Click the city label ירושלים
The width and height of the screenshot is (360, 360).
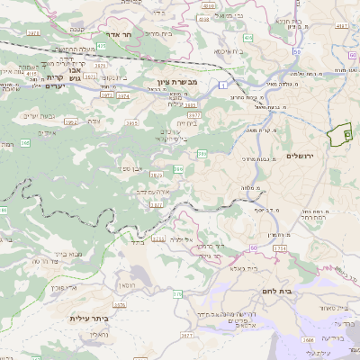[x=303, y=155]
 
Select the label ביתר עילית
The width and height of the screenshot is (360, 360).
[x=88, y=318]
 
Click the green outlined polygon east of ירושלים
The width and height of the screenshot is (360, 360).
[x=339, y=135]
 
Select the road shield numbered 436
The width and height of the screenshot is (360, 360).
[x=247, y=39]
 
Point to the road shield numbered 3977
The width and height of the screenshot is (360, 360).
[x=193, y=115]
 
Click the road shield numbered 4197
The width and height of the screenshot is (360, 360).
[x=341, y=28]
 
